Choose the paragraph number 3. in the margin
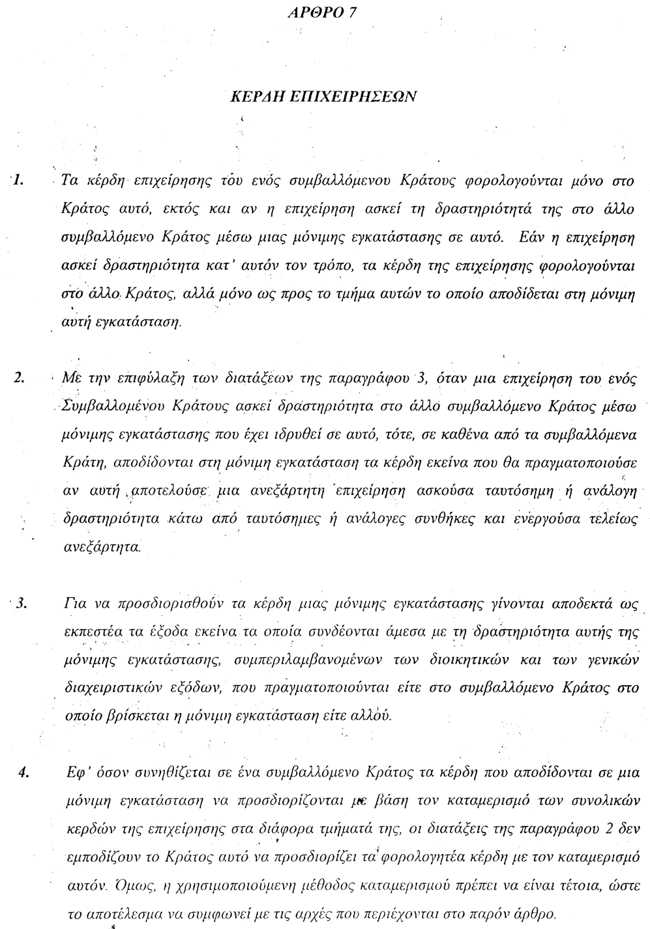[20, 602]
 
